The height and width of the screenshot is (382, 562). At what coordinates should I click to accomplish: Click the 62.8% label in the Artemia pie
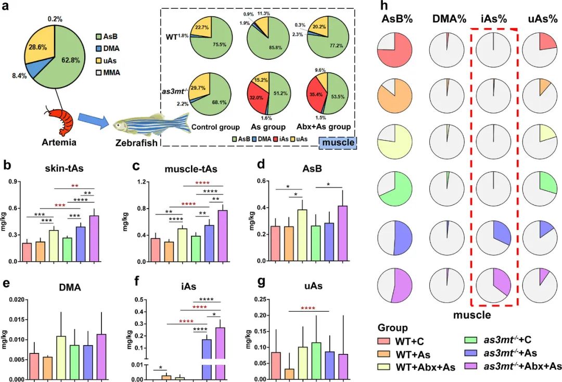click(x=71, y=60)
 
